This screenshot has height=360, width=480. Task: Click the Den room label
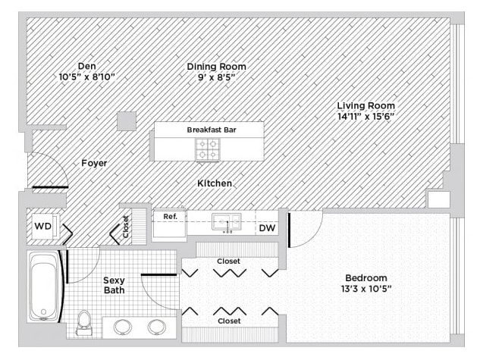[x=87, y=66]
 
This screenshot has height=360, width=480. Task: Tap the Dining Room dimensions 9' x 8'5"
[x=216, y=77]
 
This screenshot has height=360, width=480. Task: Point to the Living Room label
[x=366, y=105]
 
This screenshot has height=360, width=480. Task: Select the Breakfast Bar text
[x=212, y=130]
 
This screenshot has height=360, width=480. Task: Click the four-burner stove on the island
[x=209, y=149]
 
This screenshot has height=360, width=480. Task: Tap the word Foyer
[x=94, y=163]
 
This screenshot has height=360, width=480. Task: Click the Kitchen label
[x=215, y=183]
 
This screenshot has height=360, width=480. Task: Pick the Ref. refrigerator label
[x=170, y=217]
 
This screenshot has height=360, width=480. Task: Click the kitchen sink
[x=227, y=222]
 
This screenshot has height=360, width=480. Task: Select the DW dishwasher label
[x=267, y=228]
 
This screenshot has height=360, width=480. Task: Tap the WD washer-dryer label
[x=43, y=226]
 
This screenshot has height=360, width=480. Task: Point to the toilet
[x=83, y=323]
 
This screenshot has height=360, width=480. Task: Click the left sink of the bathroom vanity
[x=123, y=327]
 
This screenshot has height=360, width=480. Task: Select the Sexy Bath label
[x=114, y=285]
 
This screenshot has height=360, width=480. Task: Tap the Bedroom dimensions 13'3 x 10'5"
[x=366, y=289]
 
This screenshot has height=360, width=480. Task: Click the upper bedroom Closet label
[x=229, y=261]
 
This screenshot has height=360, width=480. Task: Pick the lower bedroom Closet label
[x=229, y=321]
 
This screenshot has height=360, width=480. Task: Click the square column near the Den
[x=127, y=121]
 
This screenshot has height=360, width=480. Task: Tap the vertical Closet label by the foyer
[x=126, y=227]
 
